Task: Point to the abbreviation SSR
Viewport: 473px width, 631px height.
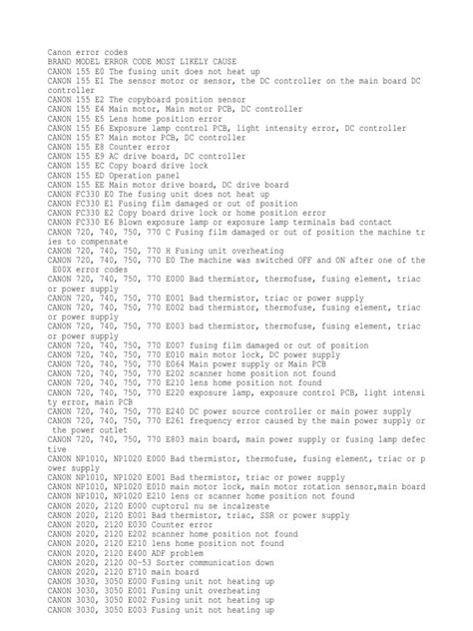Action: (236, 515)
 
